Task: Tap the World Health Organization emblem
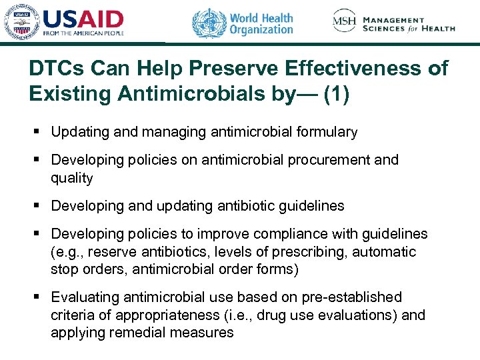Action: (209, 23)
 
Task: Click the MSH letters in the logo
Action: (345, 21)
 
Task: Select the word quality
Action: (72, 178)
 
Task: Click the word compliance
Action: (307, 234)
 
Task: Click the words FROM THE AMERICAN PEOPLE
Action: (84, 33)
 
